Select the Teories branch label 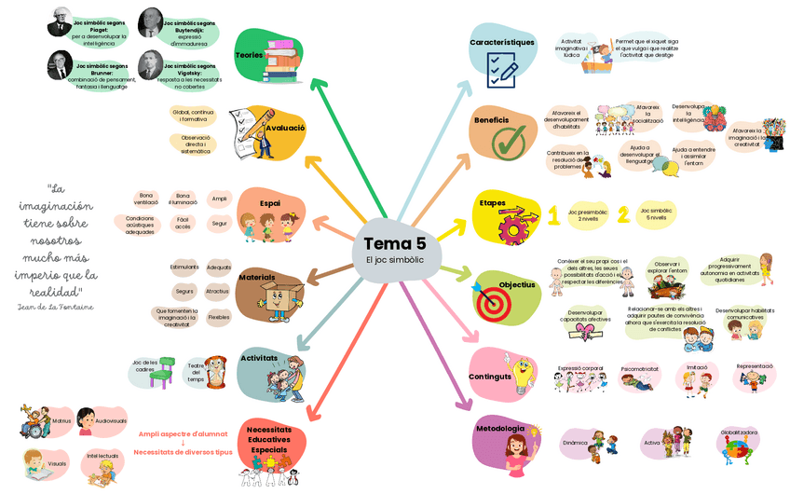tap(249, 55)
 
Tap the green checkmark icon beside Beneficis tap(509, 142)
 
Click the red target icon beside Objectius tap(490, 300)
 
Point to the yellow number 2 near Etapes tap(623, 214)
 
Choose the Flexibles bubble tap(219, 317)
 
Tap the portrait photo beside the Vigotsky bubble tap(149, 66)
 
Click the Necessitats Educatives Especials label tap(269, 440)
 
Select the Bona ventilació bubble tap(146, 199)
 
